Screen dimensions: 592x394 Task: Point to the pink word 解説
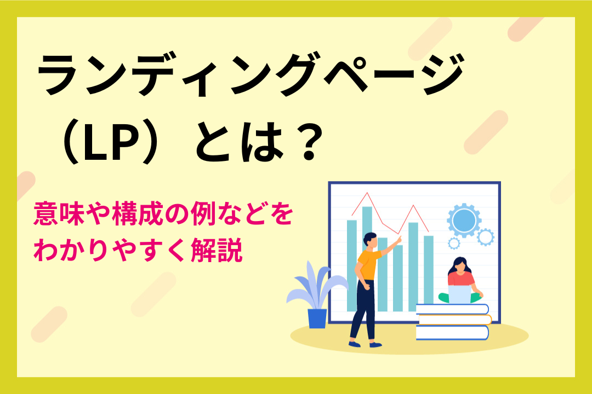click(217, 250)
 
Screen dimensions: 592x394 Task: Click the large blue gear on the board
click(464, 220)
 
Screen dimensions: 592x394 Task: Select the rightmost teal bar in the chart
click(429, 269)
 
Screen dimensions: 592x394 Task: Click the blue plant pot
click(317, 318)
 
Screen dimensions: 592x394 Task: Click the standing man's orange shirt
click(368, 264)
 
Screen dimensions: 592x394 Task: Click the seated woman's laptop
click(459, 294)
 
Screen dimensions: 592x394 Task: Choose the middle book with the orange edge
click(454, 320)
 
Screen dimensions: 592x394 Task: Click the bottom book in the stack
click(452, 333)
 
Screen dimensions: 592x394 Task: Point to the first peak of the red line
click(367, 193)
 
